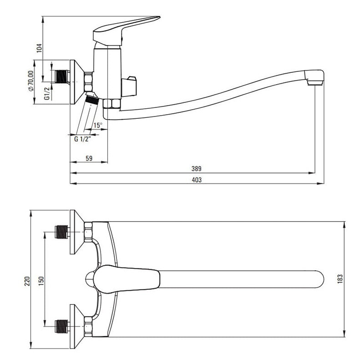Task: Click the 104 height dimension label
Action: (x=40, y=48)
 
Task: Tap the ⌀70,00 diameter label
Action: (x=31, y=81)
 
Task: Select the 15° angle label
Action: (x=98, y=126)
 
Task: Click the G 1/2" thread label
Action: (x=82, y=139)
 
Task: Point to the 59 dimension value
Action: (x=89, y=158)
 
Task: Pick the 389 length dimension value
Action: (x=197, y=169)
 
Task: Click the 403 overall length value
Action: (x=197, y=180)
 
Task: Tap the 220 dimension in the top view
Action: (x=27, y=281)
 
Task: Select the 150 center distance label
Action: (x=41, y=281)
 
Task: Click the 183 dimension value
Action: (x=340, y=279)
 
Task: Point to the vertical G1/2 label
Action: (x=47, y=94)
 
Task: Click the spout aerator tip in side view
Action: (x=315, y=82)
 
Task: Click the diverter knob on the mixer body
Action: (x=129, y=86)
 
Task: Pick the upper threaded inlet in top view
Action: (x=62, y=232)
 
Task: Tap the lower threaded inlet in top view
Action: (x=62, y=326)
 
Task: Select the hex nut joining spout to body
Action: (x=111, y=104)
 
